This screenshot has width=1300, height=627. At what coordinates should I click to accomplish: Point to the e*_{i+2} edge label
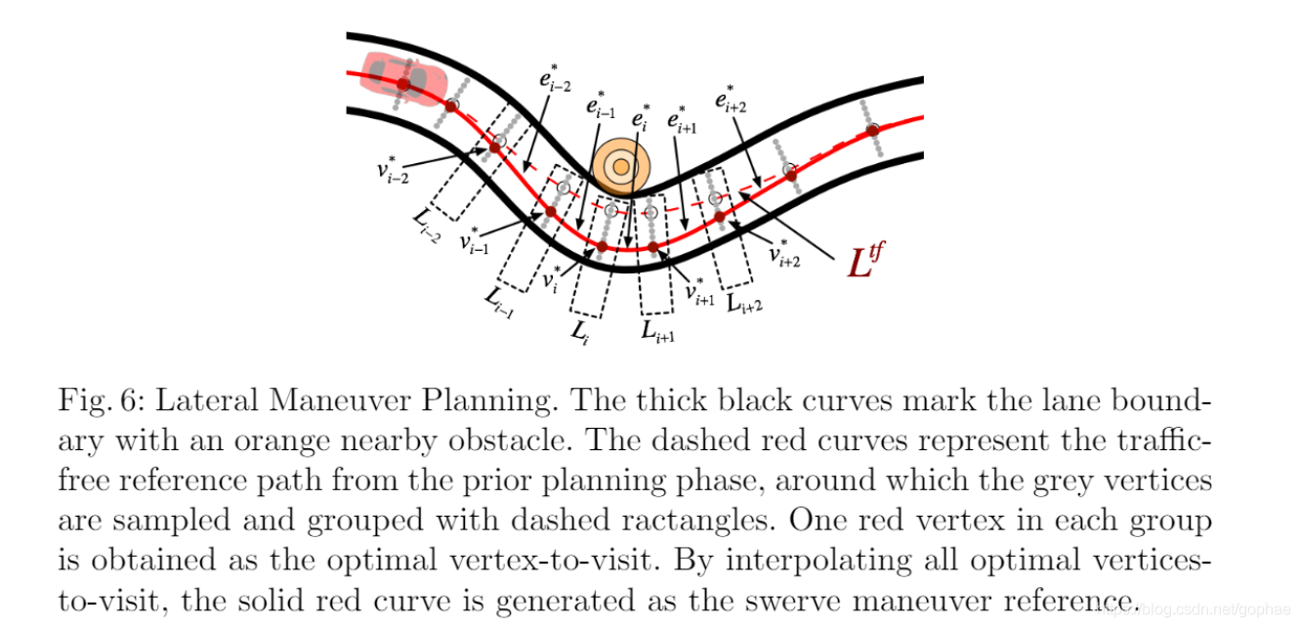(x=731, y=99)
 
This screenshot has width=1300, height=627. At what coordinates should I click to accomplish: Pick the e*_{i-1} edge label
(x=601, y=104)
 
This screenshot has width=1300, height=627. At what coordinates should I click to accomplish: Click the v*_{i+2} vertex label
(x=785, y=255)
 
